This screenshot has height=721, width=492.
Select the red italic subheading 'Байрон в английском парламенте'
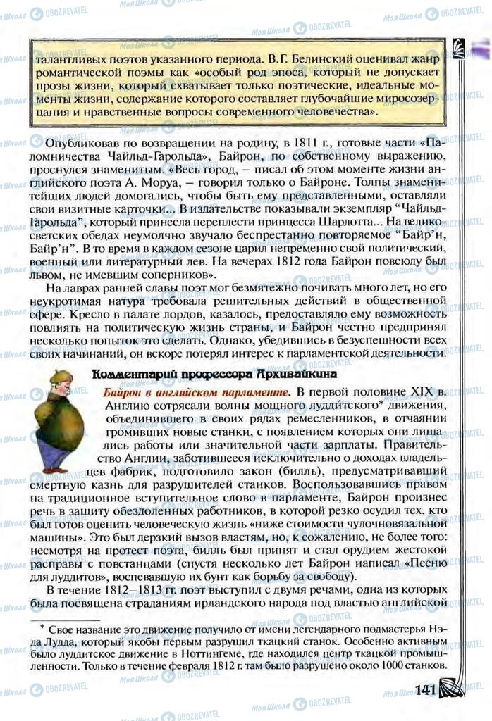click(196, 393)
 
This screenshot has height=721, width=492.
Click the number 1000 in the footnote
click(398, 665)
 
